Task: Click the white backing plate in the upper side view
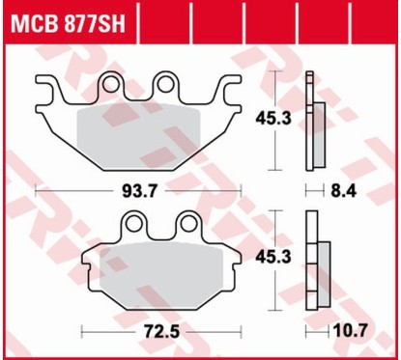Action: click(309, 121)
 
